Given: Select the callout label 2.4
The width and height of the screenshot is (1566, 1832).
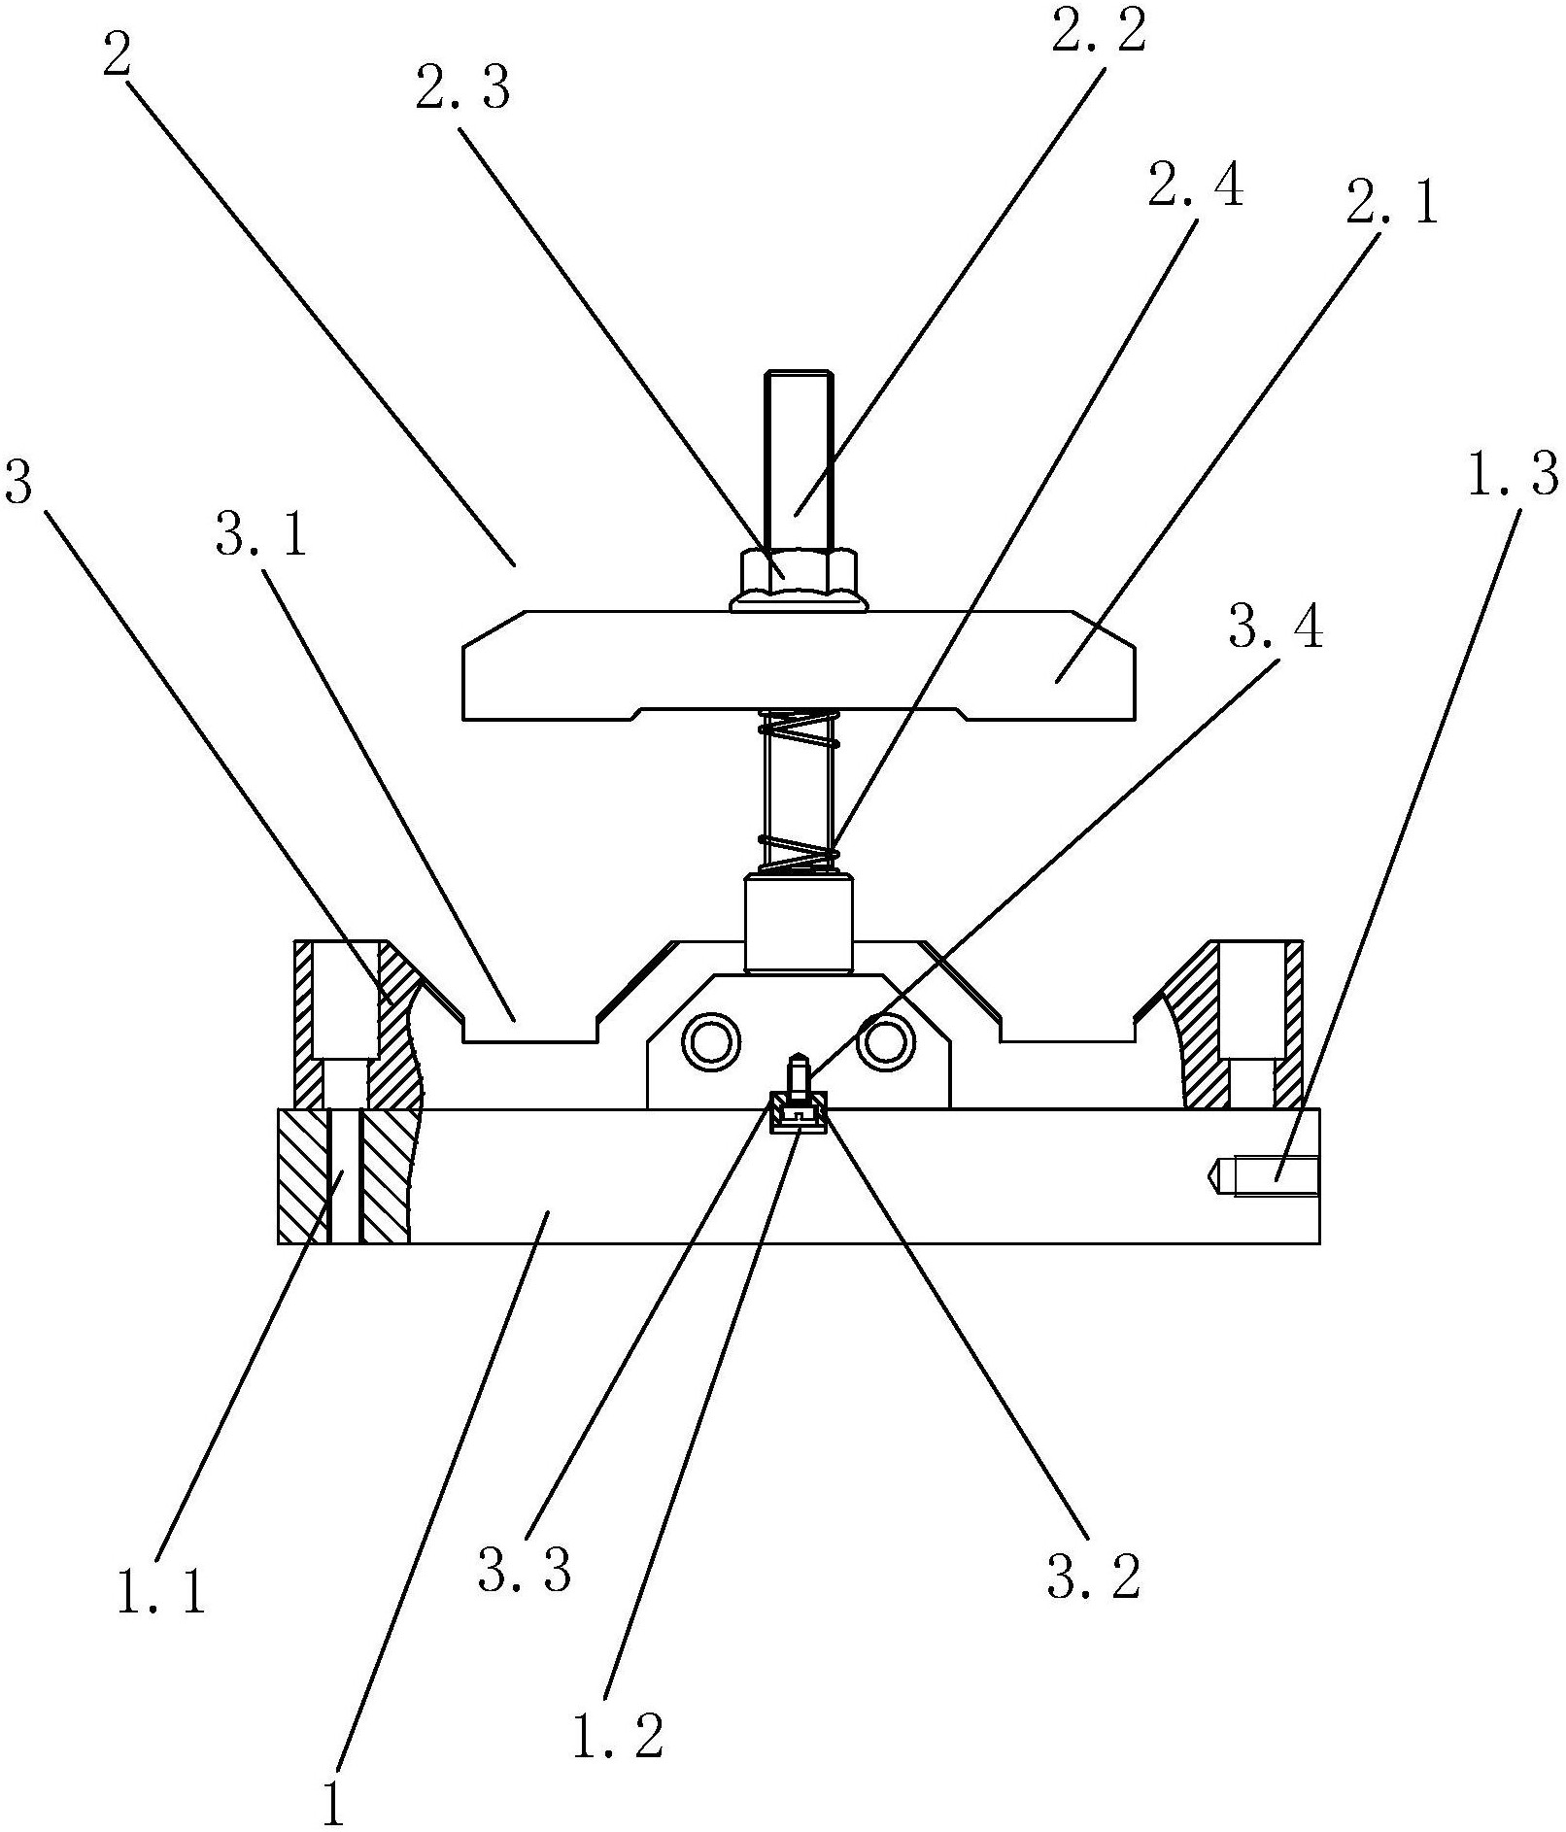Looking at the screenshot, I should (x=1194, y=185).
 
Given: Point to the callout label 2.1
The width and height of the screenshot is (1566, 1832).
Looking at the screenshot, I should (x=1390, y=205).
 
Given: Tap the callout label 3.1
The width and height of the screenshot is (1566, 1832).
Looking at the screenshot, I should (x=260, y=534).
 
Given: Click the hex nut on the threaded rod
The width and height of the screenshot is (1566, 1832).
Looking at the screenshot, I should (x=798, y=575).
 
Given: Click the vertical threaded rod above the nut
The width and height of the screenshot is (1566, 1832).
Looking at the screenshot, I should (x=798, y=457).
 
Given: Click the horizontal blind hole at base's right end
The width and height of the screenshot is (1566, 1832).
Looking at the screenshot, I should (x=1268, y=1175).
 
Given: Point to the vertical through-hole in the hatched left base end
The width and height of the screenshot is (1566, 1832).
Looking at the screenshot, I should (x=344, y=1175).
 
